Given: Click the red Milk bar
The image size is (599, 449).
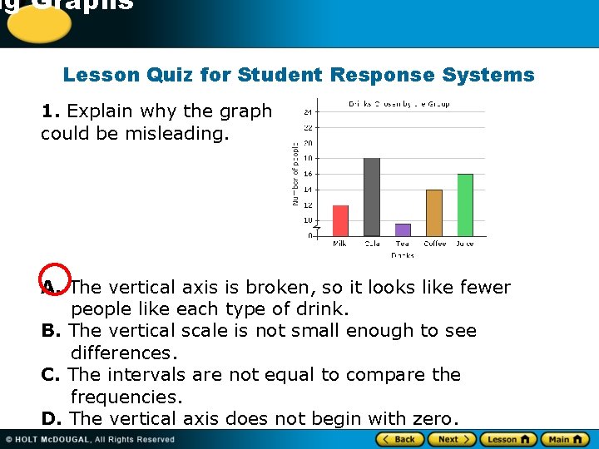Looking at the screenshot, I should tap(340, 220).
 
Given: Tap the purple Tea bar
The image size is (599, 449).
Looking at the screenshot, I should tap(403, 229).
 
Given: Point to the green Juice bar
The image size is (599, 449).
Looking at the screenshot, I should tap(465, 205).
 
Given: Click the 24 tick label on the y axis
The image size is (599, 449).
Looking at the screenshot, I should tap(308, 111).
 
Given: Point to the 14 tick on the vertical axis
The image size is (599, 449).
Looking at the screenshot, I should tap(308, 190).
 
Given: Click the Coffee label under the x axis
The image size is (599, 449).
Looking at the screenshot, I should tap(434, 244).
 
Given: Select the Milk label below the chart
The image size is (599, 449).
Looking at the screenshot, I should tap(340, 244).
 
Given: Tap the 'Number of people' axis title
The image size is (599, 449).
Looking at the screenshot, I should tap(294, 174).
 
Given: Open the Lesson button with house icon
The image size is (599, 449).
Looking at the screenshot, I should tap(509, 439).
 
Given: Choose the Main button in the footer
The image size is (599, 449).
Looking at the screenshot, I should tap(565, 439).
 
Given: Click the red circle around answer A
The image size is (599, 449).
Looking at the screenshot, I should tap(55, 282).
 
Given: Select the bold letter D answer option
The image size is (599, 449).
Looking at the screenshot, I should tap(50, 418).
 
